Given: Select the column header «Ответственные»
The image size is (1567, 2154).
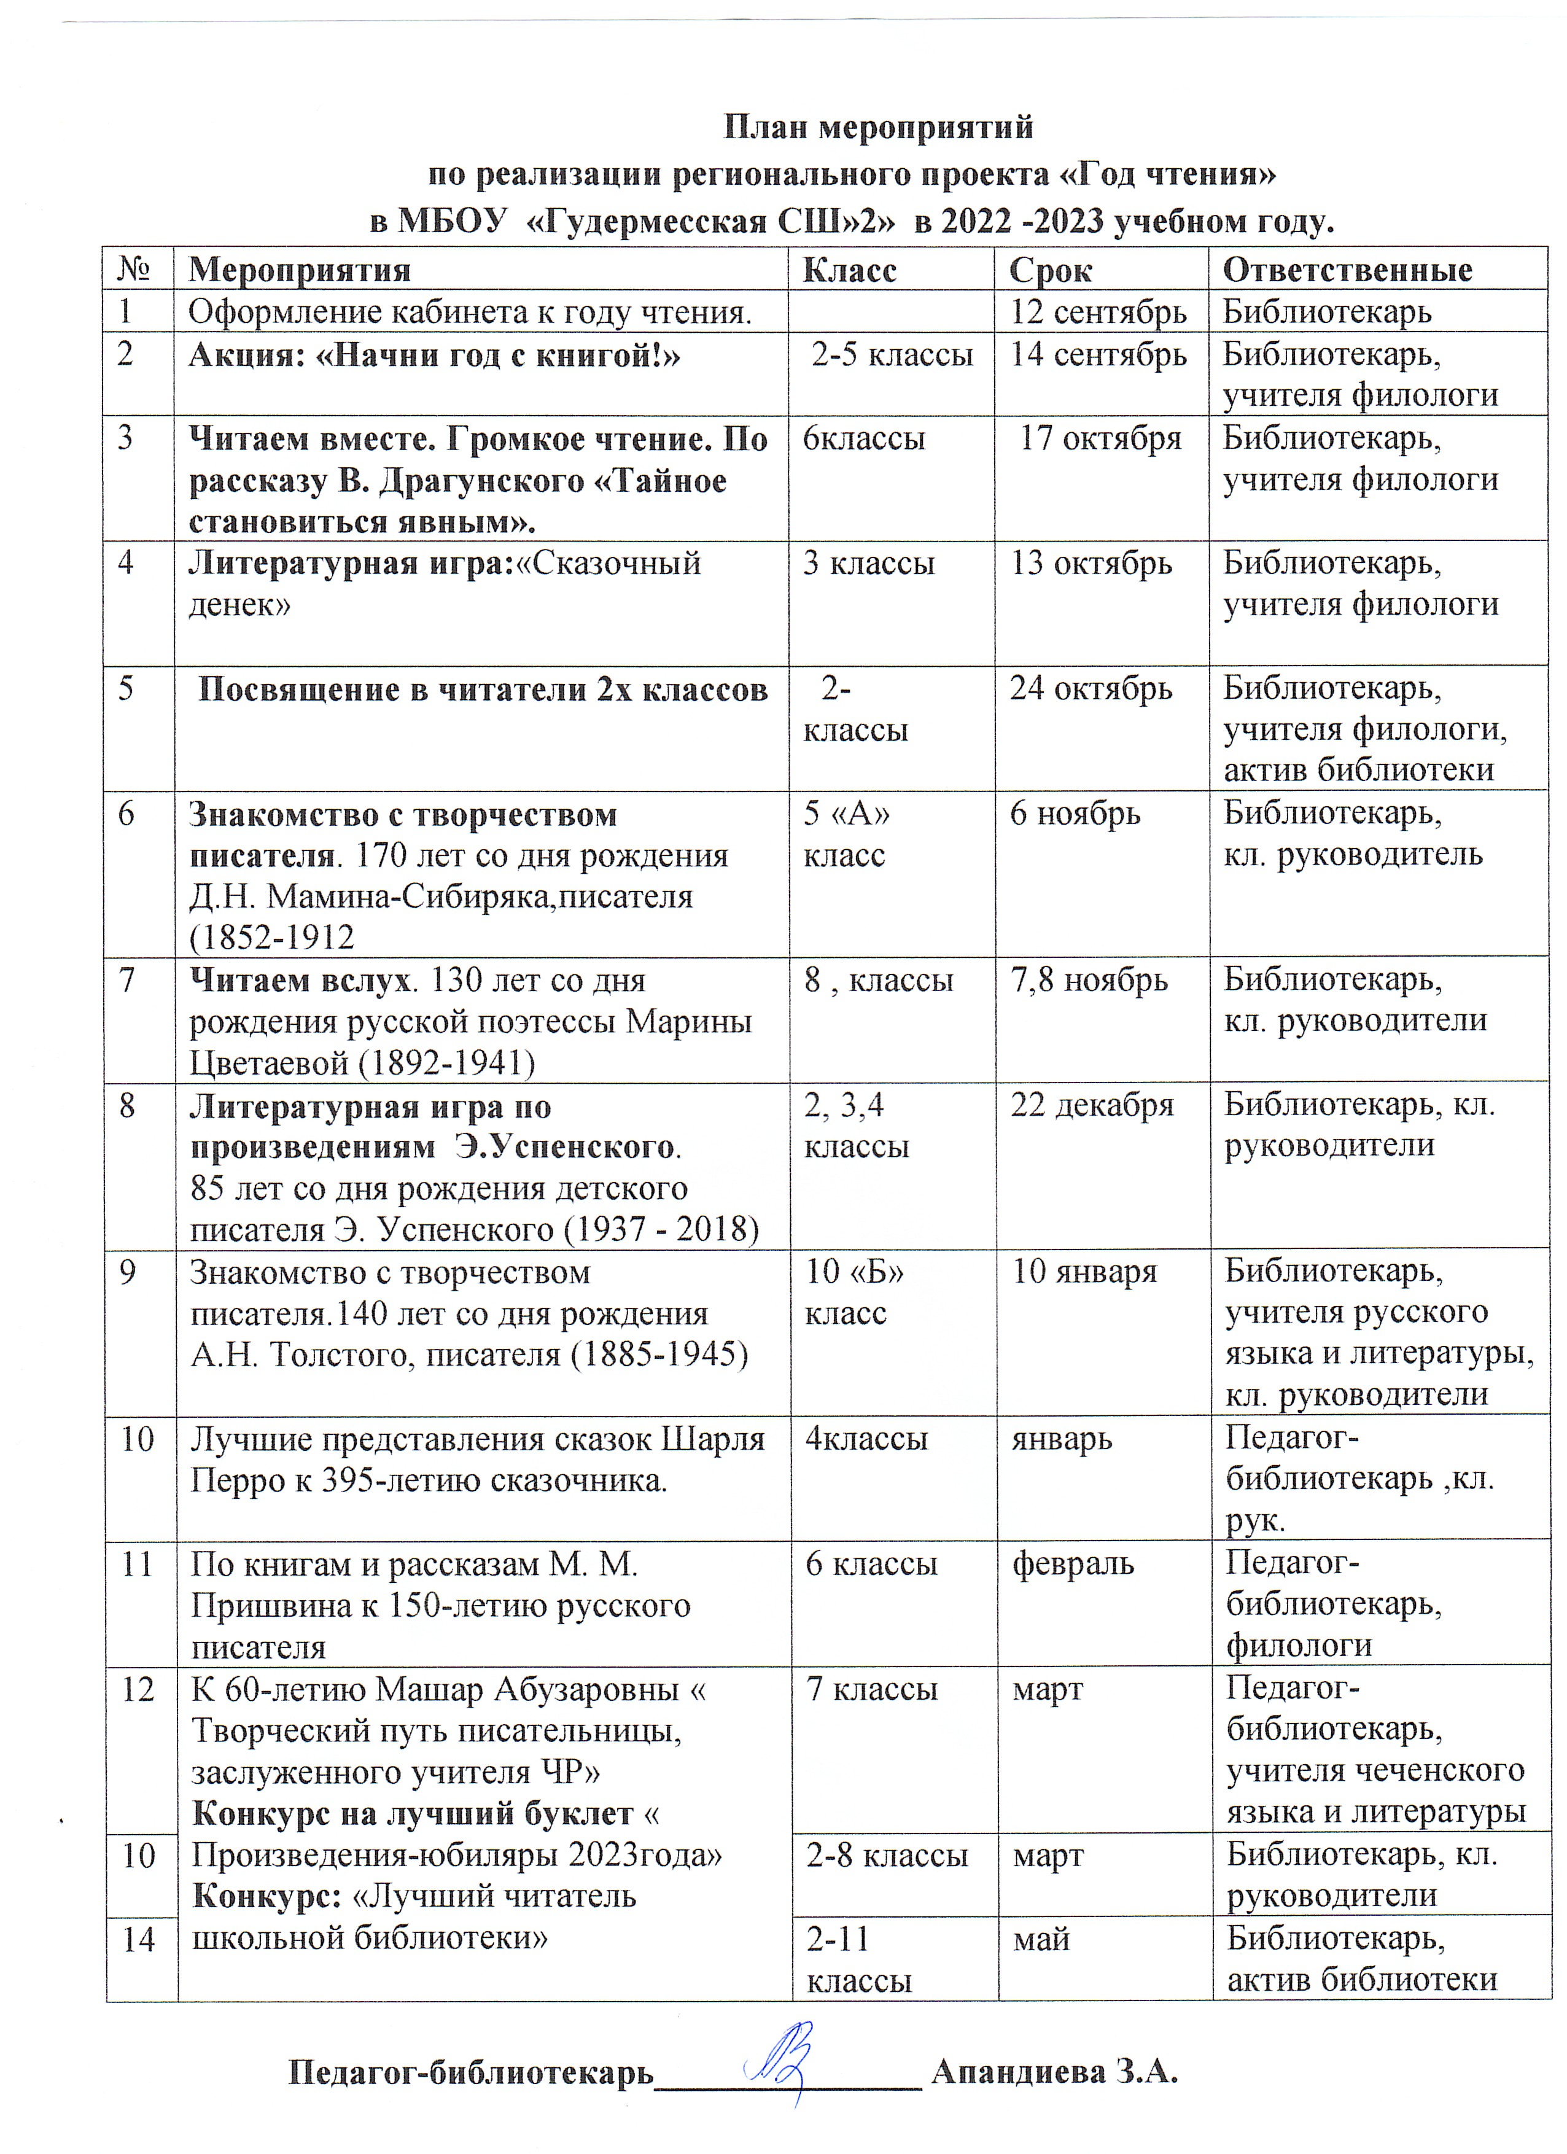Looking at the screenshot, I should point(1347,271).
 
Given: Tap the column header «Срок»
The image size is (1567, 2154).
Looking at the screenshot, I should point(1051,271).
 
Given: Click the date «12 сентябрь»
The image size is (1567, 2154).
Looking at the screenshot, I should point(1098,313).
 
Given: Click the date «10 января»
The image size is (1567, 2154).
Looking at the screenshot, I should point(1084,1272).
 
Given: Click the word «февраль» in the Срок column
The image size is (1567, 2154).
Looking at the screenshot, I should point(1072,1563).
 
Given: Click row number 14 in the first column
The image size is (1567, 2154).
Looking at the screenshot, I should point(139,1938).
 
